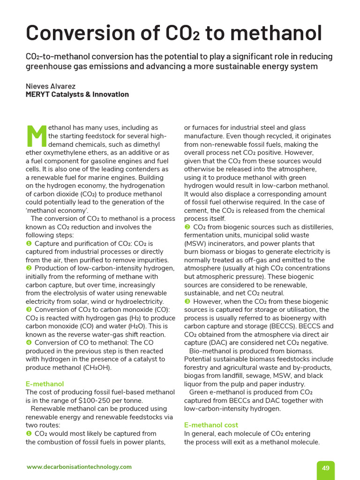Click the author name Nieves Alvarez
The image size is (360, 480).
50,86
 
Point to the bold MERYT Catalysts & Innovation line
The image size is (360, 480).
77,94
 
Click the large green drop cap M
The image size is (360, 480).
37,136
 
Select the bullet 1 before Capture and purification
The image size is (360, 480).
29,244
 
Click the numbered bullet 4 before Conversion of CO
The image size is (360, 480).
29,343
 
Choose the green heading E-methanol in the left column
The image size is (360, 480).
45,384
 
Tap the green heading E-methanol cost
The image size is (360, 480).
211,425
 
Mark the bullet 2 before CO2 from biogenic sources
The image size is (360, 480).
187,227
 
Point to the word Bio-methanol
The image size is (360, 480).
210,351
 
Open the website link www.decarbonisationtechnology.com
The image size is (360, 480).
79,467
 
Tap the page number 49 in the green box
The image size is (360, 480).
326,468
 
